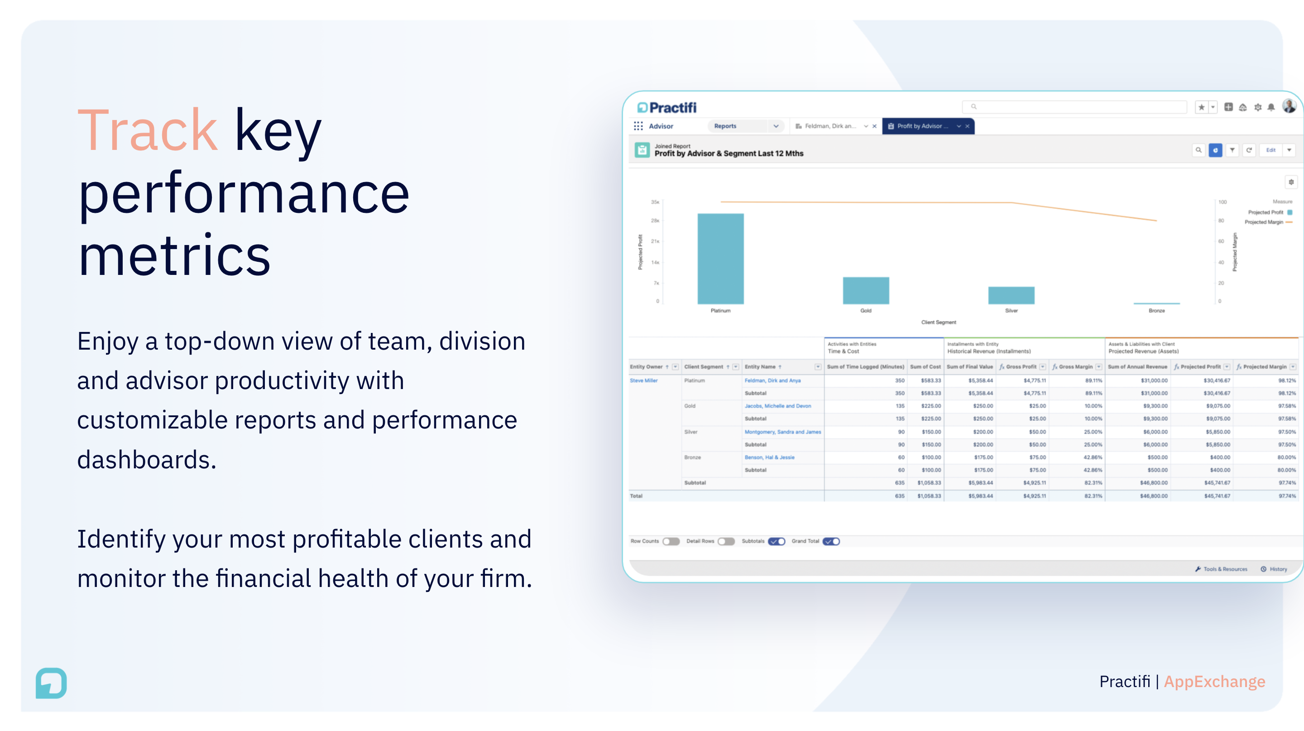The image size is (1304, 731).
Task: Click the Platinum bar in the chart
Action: [x=720, y=258]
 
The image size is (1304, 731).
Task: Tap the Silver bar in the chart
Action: [x=1011, y=295]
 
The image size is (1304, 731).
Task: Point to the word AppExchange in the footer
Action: [x=1214, y=681]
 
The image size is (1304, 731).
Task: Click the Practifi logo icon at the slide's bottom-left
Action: [x=51, y=683]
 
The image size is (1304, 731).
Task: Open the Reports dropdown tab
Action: [x=745, y=126]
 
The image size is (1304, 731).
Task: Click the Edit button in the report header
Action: [x=1270, y=150]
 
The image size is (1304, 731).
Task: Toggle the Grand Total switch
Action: [x=831, y=541]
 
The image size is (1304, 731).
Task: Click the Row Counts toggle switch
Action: [x=671, y=541]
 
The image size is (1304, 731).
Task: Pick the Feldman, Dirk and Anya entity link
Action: [x=772, y=380]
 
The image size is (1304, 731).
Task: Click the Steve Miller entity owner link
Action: [x=643, y=380]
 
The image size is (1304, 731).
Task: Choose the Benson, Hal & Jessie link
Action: [x=769, y=457]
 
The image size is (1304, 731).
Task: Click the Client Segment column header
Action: [x=704, y=366]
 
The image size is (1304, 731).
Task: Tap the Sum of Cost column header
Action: [x=925, y=366]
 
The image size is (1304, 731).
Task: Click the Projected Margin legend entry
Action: [x=1264, y=222]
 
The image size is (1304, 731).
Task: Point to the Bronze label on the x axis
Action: [x=1156, y=310]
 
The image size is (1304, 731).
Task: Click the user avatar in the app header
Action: [x=1288, y=106]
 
